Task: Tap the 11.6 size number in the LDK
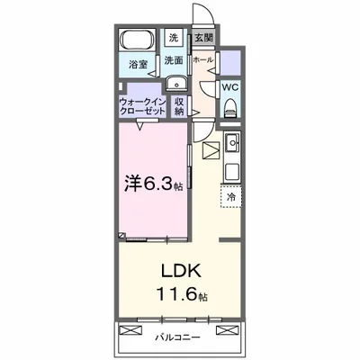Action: pyautogui.click(x=175, y=293)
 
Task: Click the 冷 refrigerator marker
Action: pyautogui.click(x=230, y=197)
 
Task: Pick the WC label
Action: pyautogui.click(x=230, y=87)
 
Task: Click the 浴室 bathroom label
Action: pyautogui.click(x=137, y=66)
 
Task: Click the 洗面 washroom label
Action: pyautogui.click(x=174, y=60)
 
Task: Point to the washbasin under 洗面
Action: pyautogui.click(x=173, y=81)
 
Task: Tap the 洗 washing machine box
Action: pyautogui.click(x=174, y=38)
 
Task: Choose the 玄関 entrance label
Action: pyautogui.click(x=203, y=38)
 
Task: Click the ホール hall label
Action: pyautogui.click(x=203, y=60)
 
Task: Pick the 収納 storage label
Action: pyautogui.click(x=180, y=108)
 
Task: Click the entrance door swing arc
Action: pyautogui.click(x=206, y=15)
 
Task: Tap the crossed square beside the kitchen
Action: pyautogui.click(x=211, y=151)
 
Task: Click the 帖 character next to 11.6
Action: pyautogui.click(x=204, y=296)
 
